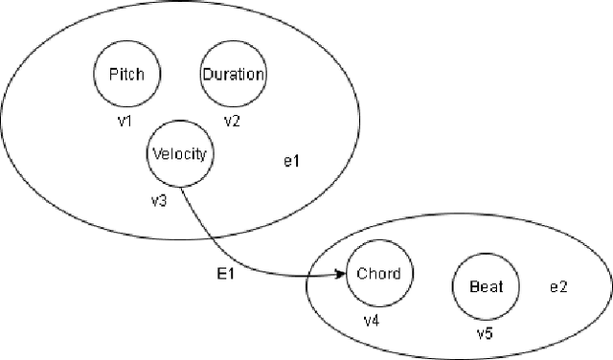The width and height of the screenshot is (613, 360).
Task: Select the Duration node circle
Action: tap(233, 74)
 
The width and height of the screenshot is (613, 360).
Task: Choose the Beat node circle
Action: tap(485, 285)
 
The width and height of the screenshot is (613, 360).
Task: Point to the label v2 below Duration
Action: tap(232, 122)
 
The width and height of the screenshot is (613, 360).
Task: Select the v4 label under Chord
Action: tap(371, 319)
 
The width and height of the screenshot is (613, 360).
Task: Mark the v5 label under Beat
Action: tap(486, 334)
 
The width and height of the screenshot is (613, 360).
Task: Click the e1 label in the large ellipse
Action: tap(292, 161)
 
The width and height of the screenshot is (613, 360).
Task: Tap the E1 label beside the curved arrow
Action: tap(227, 275)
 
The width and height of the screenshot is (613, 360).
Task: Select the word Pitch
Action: tap(127, 75)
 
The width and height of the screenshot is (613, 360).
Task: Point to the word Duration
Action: tap(233, 75)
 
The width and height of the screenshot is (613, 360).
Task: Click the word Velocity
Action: tap(179, 153)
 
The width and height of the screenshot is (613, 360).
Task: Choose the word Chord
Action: tap(378, 274)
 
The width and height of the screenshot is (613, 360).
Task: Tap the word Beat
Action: tap(485, 285)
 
